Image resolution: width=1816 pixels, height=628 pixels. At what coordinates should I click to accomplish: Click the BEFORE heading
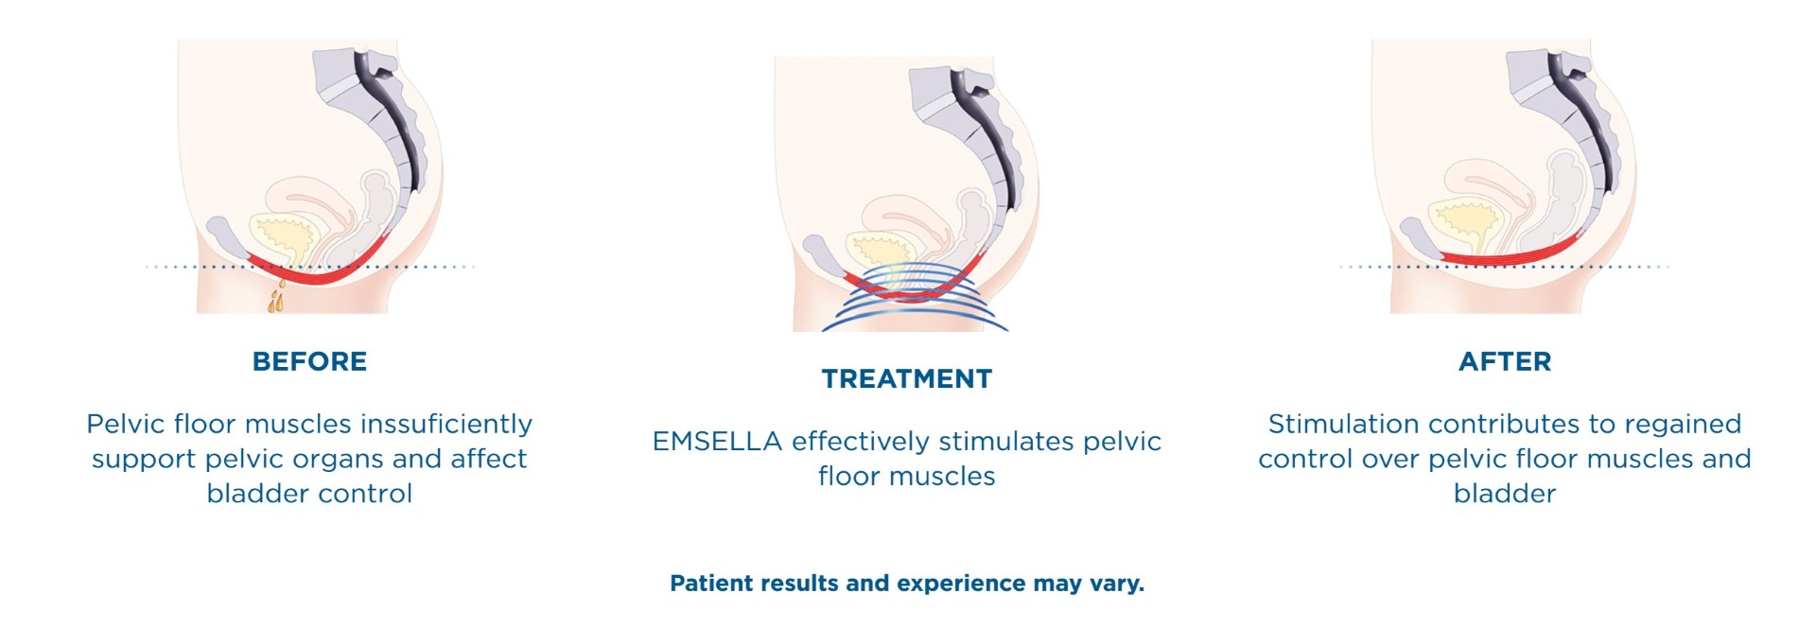pos(309,361)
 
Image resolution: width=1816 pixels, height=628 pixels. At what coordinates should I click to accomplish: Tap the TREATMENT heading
pos(907,379)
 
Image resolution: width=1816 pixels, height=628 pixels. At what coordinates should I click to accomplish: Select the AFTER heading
pos(1505,361)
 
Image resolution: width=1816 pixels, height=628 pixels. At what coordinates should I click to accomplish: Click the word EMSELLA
pos(717,442)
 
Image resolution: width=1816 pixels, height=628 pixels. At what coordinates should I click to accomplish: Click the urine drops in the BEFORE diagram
pos(276,295)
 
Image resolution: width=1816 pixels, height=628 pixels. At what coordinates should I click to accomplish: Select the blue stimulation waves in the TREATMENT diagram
pos(914,301)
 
